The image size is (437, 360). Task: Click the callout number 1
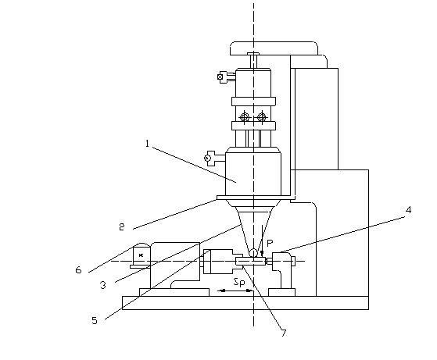(x=147, y=144)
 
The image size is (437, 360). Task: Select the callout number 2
(x=121, y=227)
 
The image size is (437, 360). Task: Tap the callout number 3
(x=103, y=285)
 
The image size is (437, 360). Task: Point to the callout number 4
(x=408, y=209)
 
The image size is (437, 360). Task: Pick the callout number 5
(x=95, y=320)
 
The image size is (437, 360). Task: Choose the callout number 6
(x=79, y=269)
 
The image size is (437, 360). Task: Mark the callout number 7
(x=284, y=333)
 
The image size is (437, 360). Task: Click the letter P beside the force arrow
(x=270, y=244)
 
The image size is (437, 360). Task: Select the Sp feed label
(x=239, y=282)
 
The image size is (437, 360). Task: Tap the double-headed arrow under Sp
(x=235, y=291)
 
